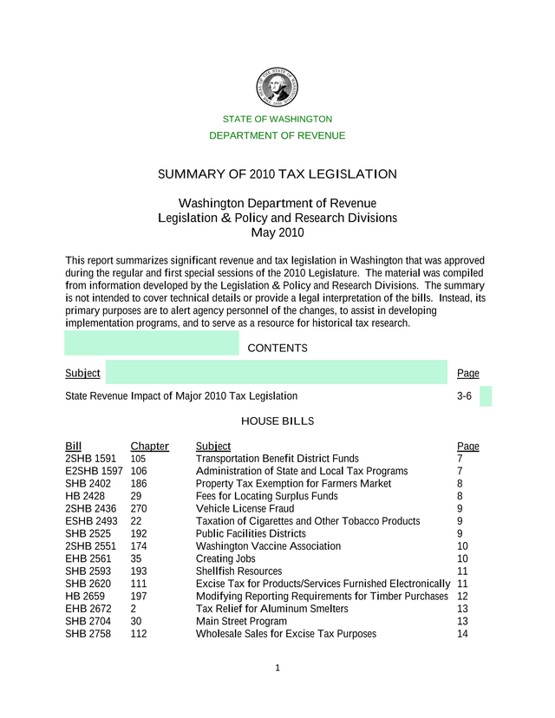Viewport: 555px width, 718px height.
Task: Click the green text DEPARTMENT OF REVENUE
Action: [x=277, y=135]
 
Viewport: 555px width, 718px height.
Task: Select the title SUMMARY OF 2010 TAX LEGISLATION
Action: [x=277, y=174]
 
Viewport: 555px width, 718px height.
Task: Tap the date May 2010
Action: [x=277, y=232]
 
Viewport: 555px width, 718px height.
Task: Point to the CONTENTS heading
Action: [x=277, y=349]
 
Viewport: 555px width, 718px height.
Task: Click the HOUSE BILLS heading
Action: [x=277, y=421]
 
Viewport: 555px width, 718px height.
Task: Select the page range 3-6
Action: [x=464, y=396]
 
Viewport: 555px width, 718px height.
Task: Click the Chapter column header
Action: [x=149, y=447]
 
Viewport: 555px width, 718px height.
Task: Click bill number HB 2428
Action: [x=85, y=496]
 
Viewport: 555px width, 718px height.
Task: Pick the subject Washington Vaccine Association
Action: [x=268, y=546]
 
